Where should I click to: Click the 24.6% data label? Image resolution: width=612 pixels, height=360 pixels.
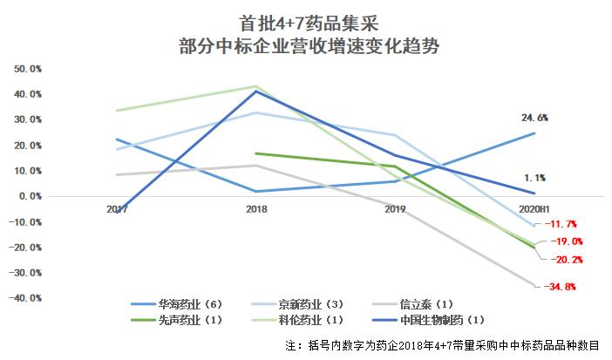534,117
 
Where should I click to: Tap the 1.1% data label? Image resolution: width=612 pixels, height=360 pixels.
535,178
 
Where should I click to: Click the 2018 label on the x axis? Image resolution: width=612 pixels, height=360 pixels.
255,209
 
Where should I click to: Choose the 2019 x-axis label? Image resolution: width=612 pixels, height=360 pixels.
397,209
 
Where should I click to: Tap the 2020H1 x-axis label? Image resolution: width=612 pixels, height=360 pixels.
534,209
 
